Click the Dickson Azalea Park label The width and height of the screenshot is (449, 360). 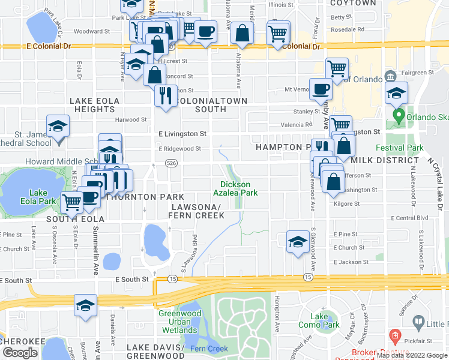(x=238, y=188)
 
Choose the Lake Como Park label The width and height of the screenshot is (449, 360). (x=320, y=320)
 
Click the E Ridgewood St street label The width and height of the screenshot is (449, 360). (x=179, y=148)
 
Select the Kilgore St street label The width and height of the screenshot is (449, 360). (x=346, y=204)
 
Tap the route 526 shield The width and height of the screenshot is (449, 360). (x=171, y=163)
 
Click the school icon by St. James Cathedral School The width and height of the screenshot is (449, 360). (x=58, y=127)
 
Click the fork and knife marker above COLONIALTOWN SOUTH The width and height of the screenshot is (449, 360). (x=164, y=95)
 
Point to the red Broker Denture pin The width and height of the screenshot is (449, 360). (x=394, y=335)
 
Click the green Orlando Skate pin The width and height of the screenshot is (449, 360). (x=397, y=115)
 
